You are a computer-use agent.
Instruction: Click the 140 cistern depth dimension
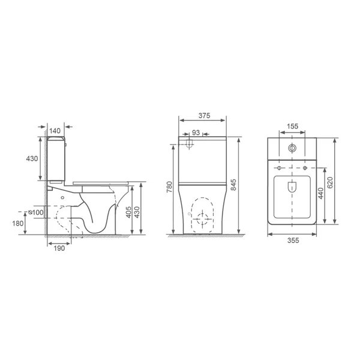tap(55, 131)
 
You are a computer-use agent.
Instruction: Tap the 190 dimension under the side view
tap(59, 248)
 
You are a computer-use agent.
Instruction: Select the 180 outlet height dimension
tap(17, 223)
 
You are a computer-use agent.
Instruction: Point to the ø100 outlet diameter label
tap(35, 212)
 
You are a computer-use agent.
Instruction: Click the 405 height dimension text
tap(129, 212)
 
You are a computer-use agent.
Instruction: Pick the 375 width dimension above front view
tap(205, 115)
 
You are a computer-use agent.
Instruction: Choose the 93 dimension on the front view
tap(196, 133)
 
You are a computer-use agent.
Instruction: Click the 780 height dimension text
tap(169, 187)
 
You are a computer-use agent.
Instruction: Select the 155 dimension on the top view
tap(293, 126)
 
